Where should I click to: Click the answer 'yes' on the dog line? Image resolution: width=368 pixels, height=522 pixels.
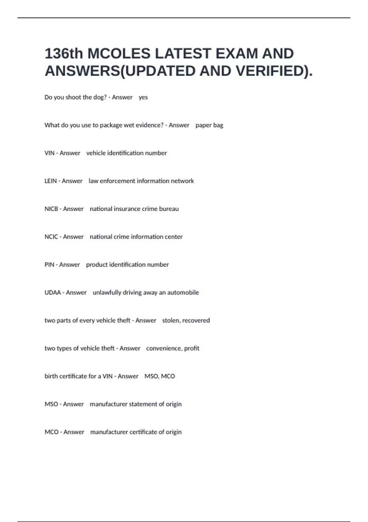(143, 97)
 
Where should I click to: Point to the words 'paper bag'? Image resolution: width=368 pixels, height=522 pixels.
(209, 125)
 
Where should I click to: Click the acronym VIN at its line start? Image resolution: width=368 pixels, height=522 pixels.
(49, 153)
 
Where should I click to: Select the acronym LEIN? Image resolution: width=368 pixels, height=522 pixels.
(51, 181)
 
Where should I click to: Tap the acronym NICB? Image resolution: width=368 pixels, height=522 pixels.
(51, 209)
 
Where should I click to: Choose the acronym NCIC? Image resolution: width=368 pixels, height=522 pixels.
(51, 237)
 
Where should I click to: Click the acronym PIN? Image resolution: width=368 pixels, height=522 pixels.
(49, 265)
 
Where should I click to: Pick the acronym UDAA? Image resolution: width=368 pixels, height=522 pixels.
(53, 293)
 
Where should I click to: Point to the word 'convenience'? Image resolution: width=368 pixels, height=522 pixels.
(163, 349)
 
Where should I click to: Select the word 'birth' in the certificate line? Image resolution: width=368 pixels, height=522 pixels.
(51, 376)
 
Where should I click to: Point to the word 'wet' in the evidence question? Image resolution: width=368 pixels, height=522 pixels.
(129, 125)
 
